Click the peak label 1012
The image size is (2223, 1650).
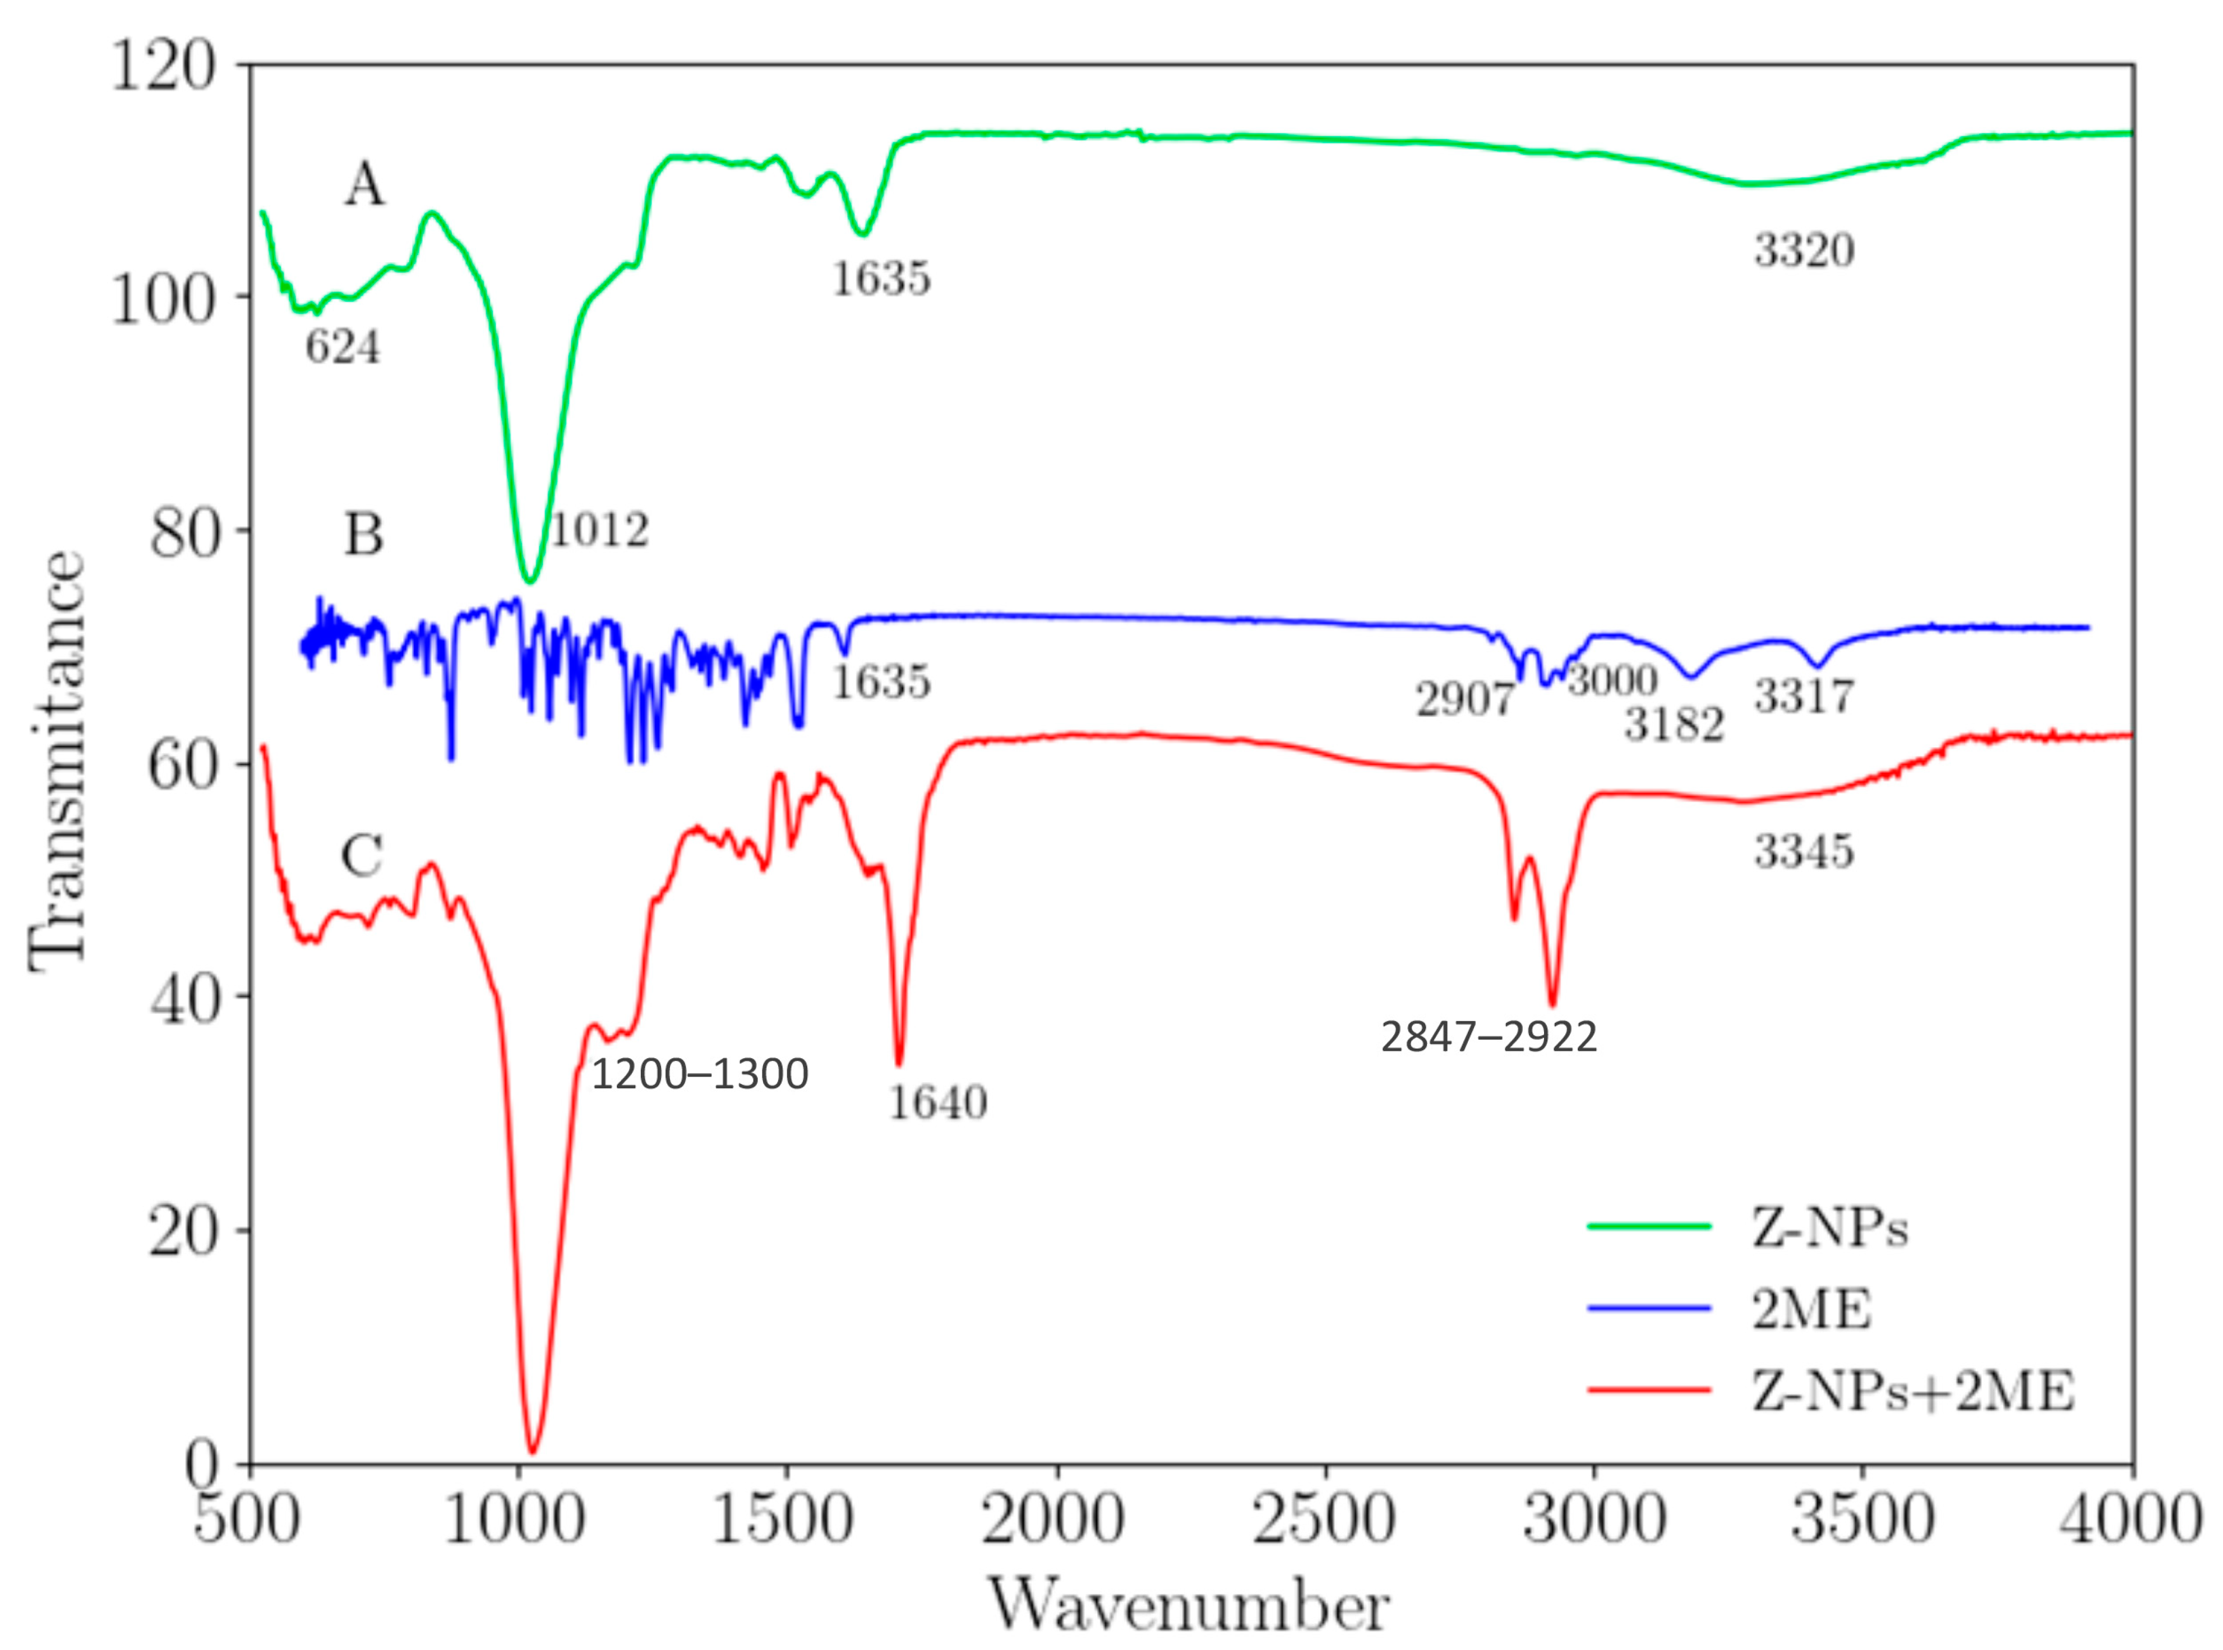599,530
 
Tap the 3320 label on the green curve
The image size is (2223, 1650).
1804,250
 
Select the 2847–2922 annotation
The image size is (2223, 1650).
1489,1038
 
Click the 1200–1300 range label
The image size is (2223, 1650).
699,1075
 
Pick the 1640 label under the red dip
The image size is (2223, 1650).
937,1102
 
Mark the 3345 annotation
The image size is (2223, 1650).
1804,852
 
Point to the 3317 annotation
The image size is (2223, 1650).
1804,696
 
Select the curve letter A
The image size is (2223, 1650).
364,186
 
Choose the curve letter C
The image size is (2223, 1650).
362,856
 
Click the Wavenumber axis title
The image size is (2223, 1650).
1189,1607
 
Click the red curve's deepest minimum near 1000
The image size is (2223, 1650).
533,1450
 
